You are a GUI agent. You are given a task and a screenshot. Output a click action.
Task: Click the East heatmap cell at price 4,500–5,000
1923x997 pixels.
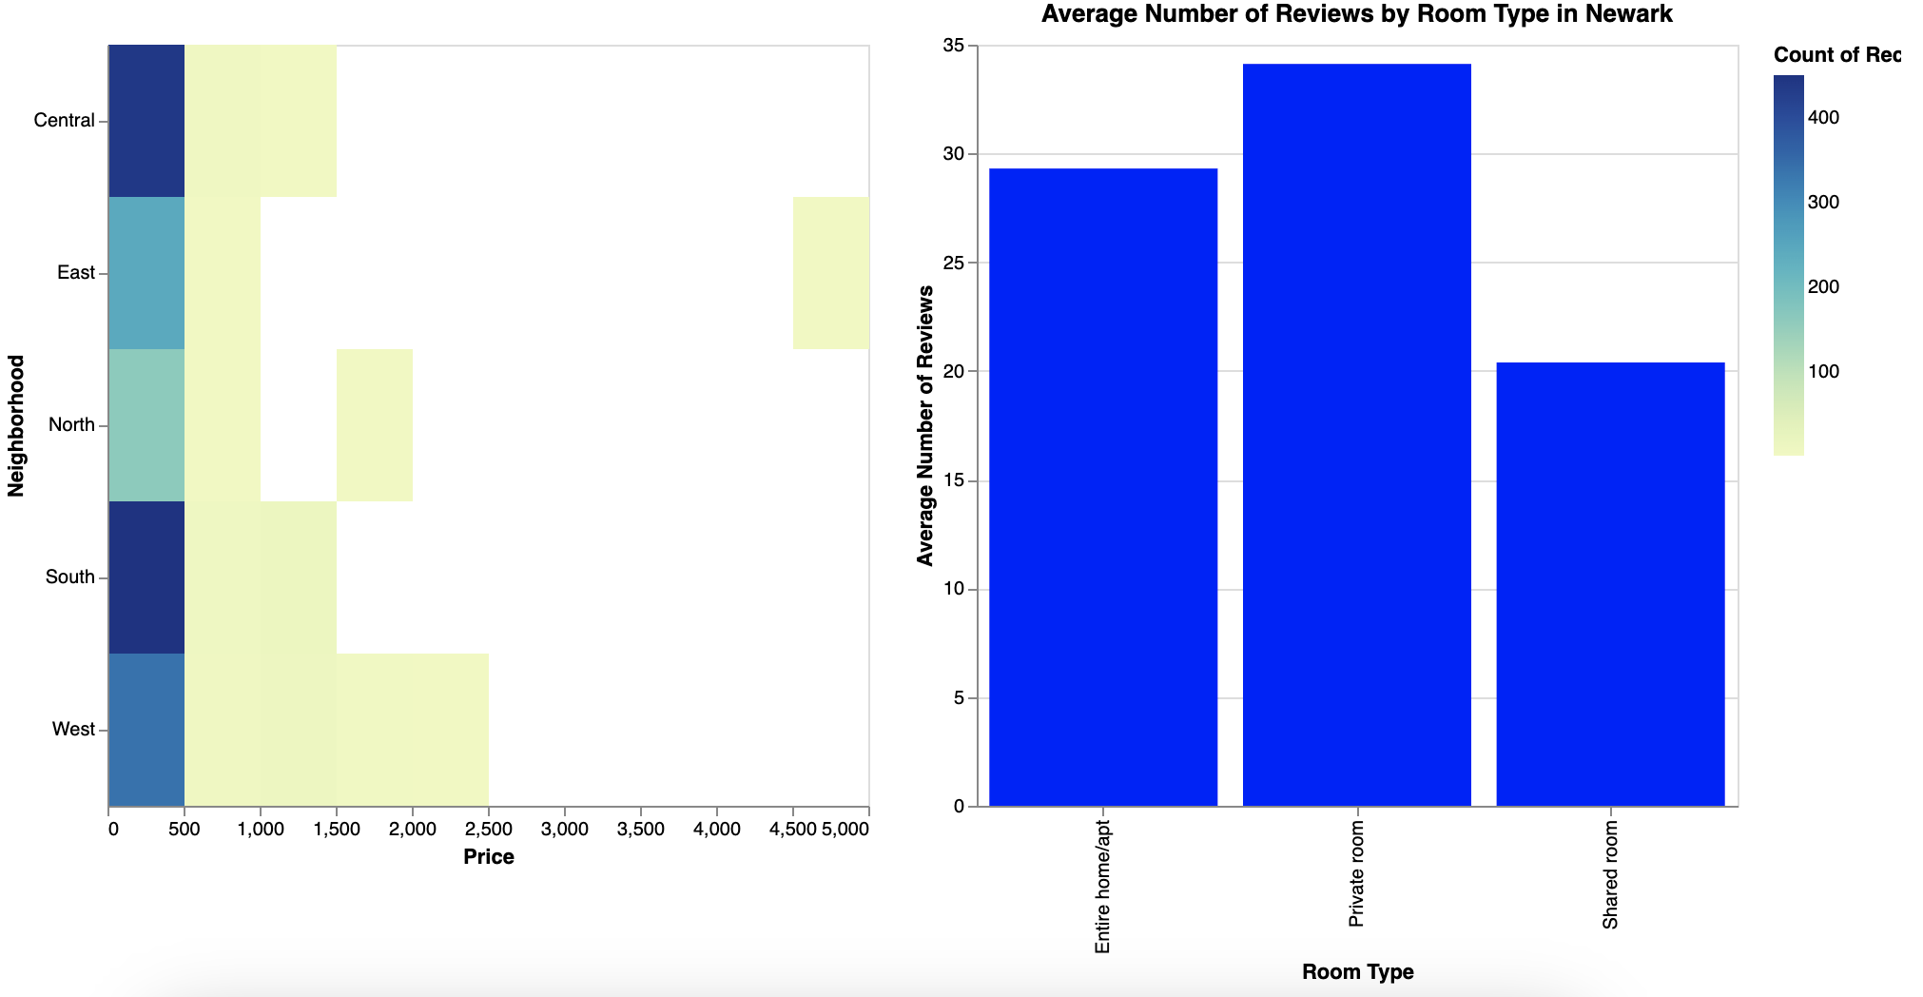click(830, 273)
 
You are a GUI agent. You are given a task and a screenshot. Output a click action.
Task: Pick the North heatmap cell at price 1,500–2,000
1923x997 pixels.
click(374, 425)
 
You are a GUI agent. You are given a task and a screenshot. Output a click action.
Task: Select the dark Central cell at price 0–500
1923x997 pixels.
click(146, 121)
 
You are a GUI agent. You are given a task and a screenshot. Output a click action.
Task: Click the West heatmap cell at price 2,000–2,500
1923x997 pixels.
click(450, 730)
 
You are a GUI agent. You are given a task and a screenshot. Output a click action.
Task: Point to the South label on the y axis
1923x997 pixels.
click(69, 577)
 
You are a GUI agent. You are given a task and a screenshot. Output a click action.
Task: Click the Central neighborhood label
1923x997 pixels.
click(64, 121)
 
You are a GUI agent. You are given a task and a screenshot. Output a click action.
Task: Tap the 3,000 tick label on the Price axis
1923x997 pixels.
click(564, 830)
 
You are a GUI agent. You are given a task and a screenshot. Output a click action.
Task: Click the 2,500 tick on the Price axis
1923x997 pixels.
click(488, 830)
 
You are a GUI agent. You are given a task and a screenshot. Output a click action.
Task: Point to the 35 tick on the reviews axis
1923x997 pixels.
click(952, 46)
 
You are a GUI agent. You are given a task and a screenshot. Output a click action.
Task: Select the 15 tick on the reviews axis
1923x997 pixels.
click(952, 481)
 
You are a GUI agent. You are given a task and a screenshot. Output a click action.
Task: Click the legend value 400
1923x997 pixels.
click(1823, 117)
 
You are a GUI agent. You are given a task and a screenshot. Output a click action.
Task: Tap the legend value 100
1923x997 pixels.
click(1823, 371)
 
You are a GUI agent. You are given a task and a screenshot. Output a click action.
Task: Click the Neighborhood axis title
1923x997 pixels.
click(15, 425)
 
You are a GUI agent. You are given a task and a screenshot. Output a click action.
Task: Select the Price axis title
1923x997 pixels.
click(489, 857)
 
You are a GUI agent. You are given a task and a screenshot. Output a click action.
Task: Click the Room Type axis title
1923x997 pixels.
click(1357, 972)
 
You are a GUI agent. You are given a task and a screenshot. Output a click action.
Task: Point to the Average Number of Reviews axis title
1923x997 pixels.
click(925, 425)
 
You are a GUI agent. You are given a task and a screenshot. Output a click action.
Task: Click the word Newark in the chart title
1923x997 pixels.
click(1632, 14)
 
